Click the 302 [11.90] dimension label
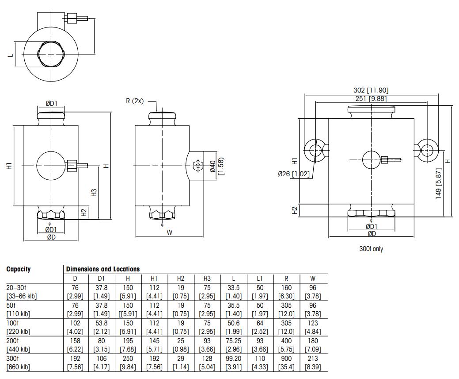pos(371,90)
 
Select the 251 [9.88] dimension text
pos(371,98)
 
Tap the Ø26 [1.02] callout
pos(294,174)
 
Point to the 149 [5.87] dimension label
pos(439,183)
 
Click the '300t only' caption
pos(371,249)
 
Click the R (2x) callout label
pos(135,101)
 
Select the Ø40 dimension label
pos(212,166)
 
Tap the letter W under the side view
pos(169,232)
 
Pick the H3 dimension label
pos(94,193)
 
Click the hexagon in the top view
pos(51,54)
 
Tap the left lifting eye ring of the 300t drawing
pos(315,150)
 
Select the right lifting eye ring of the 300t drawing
pos(427,150)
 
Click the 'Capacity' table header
pos(19,269)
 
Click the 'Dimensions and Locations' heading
pos(102,269)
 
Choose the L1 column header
pos(260,278)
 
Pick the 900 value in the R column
pos(286,359)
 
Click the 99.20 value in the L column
pos(234,359)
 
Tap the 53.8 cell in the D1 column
pos(101,323)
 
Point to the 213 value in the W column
pos(313,359)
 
